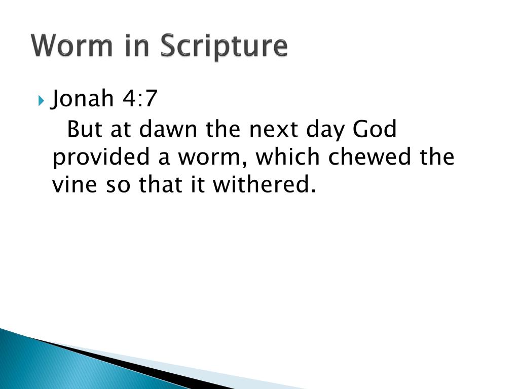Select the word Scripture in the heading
[x=224, y=47]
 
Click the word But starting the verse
[x=83, y=130]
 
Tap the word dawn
[x=168, y=130]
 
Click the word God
[x=375, y=130]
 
